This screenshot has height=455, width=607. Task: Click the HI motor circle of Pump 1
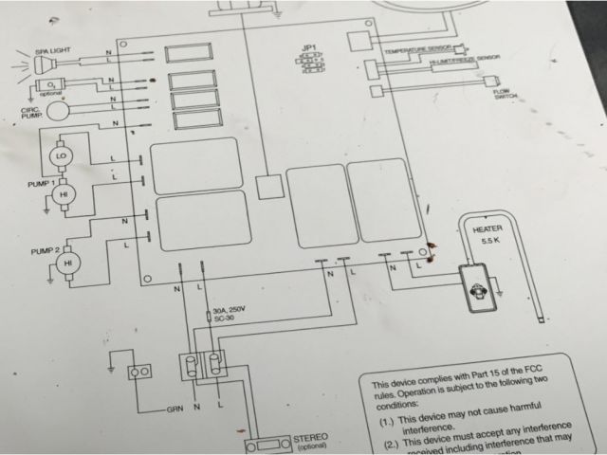64,193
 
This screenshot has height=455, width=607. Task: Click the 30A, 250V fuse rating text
231,313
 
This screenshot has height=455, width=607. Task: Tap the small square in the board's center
271,185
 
